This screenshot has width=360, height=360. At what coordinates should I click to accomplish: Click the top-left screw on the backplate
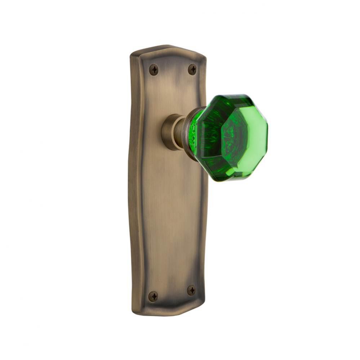154,69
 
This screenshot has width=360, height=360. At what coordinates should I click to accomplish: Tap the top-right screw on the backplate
192,69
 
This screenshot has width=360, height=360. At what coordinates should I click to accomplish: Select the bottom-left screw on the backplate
153,296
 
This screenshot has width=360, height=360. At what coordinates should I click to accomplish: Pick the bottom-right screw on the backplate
191,290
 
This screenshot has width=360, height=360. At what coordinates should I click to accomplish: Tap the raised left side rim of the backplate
135,180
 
